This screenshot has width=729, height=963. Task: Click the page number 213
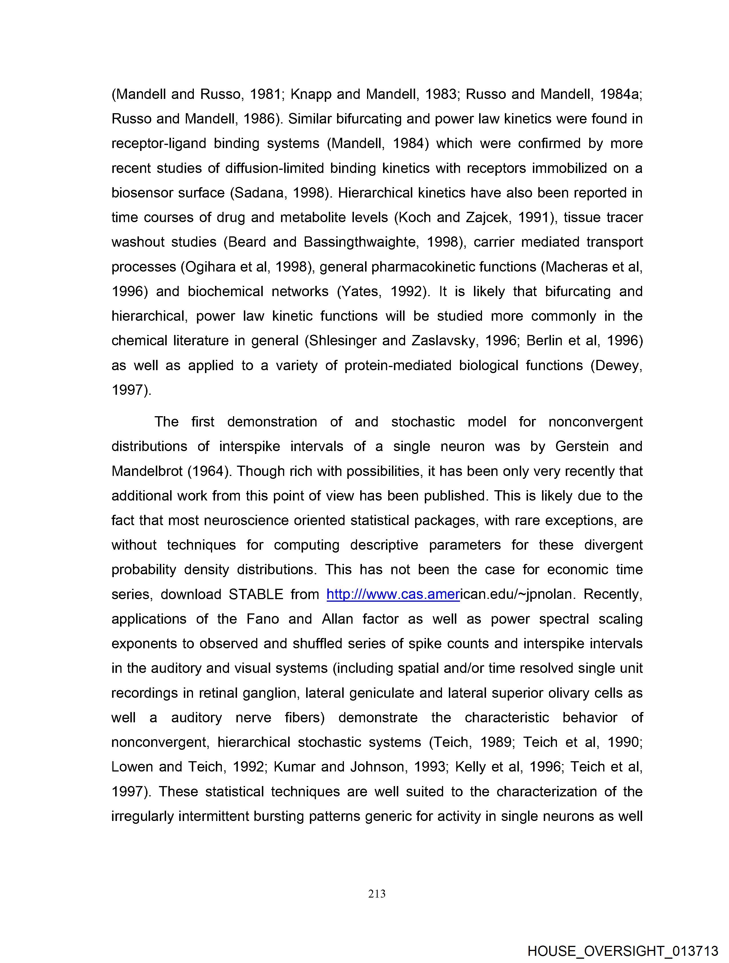(x=377, y=894)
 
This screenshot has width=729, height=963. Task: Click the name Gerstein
(x=582, y=446)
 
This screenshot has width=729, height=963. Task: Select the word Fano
(x=263, y=619)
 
